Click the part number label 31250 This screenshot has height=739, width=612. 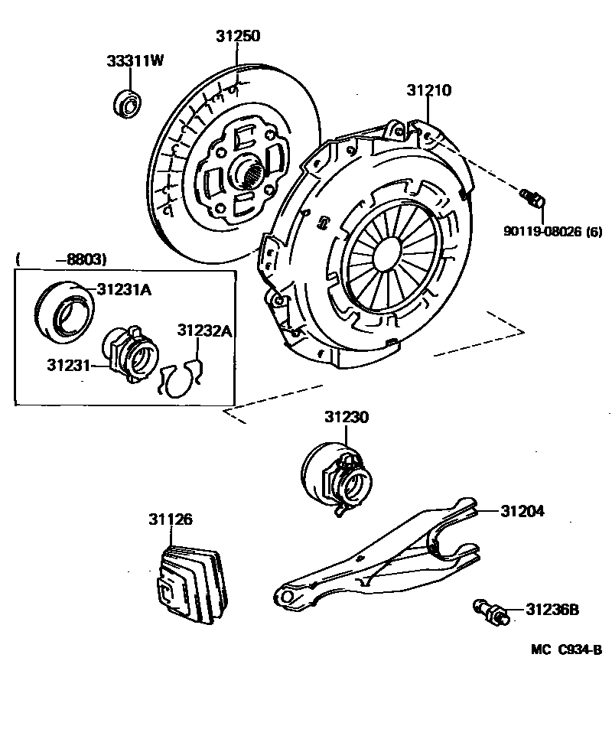point(238,35)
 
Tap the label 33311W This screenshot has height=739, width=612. point(135,61)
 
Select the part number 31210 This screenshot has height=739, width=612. point(428,90)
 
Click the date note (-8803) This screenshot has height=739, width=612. point(61,259)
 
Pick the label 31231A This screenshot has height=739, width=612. point(123,288)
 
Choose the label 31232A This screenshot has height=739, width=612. point(204,330)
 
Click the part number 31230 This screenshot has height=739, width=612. point(346,418)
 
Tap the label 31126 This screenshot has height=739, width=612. point(170,520)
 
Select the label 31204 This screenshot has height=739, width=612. point(522,511)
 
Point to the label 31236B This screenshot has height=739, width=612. point(552,610)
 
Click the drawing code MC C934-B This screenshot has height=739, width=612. point(566,649)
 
